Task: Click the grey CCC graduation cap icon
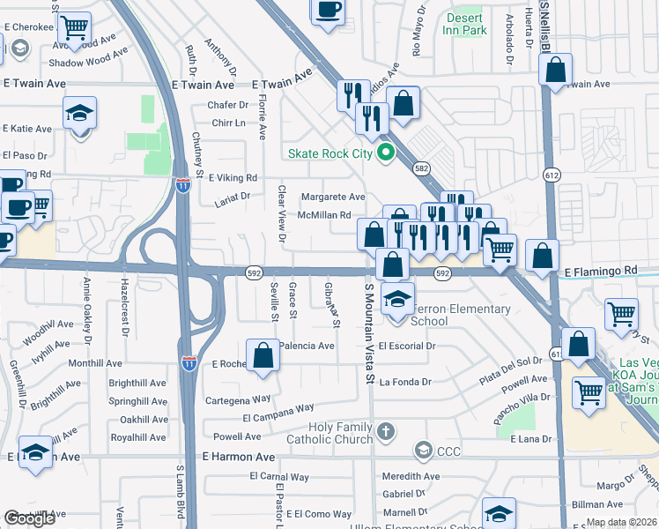[424, 451]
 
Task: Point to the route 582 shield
[421, 168]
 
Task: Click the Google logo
[29, 518]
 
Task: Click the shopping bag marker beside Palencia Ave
[263, 356]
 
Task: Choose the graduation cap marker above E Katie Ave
[79, 114]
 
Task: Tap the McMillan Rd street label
[324, 215]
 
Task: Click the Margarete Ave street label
[333, 197]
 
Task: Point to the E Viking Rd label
[226, 177]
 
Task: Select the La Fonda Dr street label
[405, 382]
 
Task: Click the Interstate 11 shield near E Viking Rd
[182, 185]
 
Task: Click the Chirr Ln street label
[228, 123]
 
